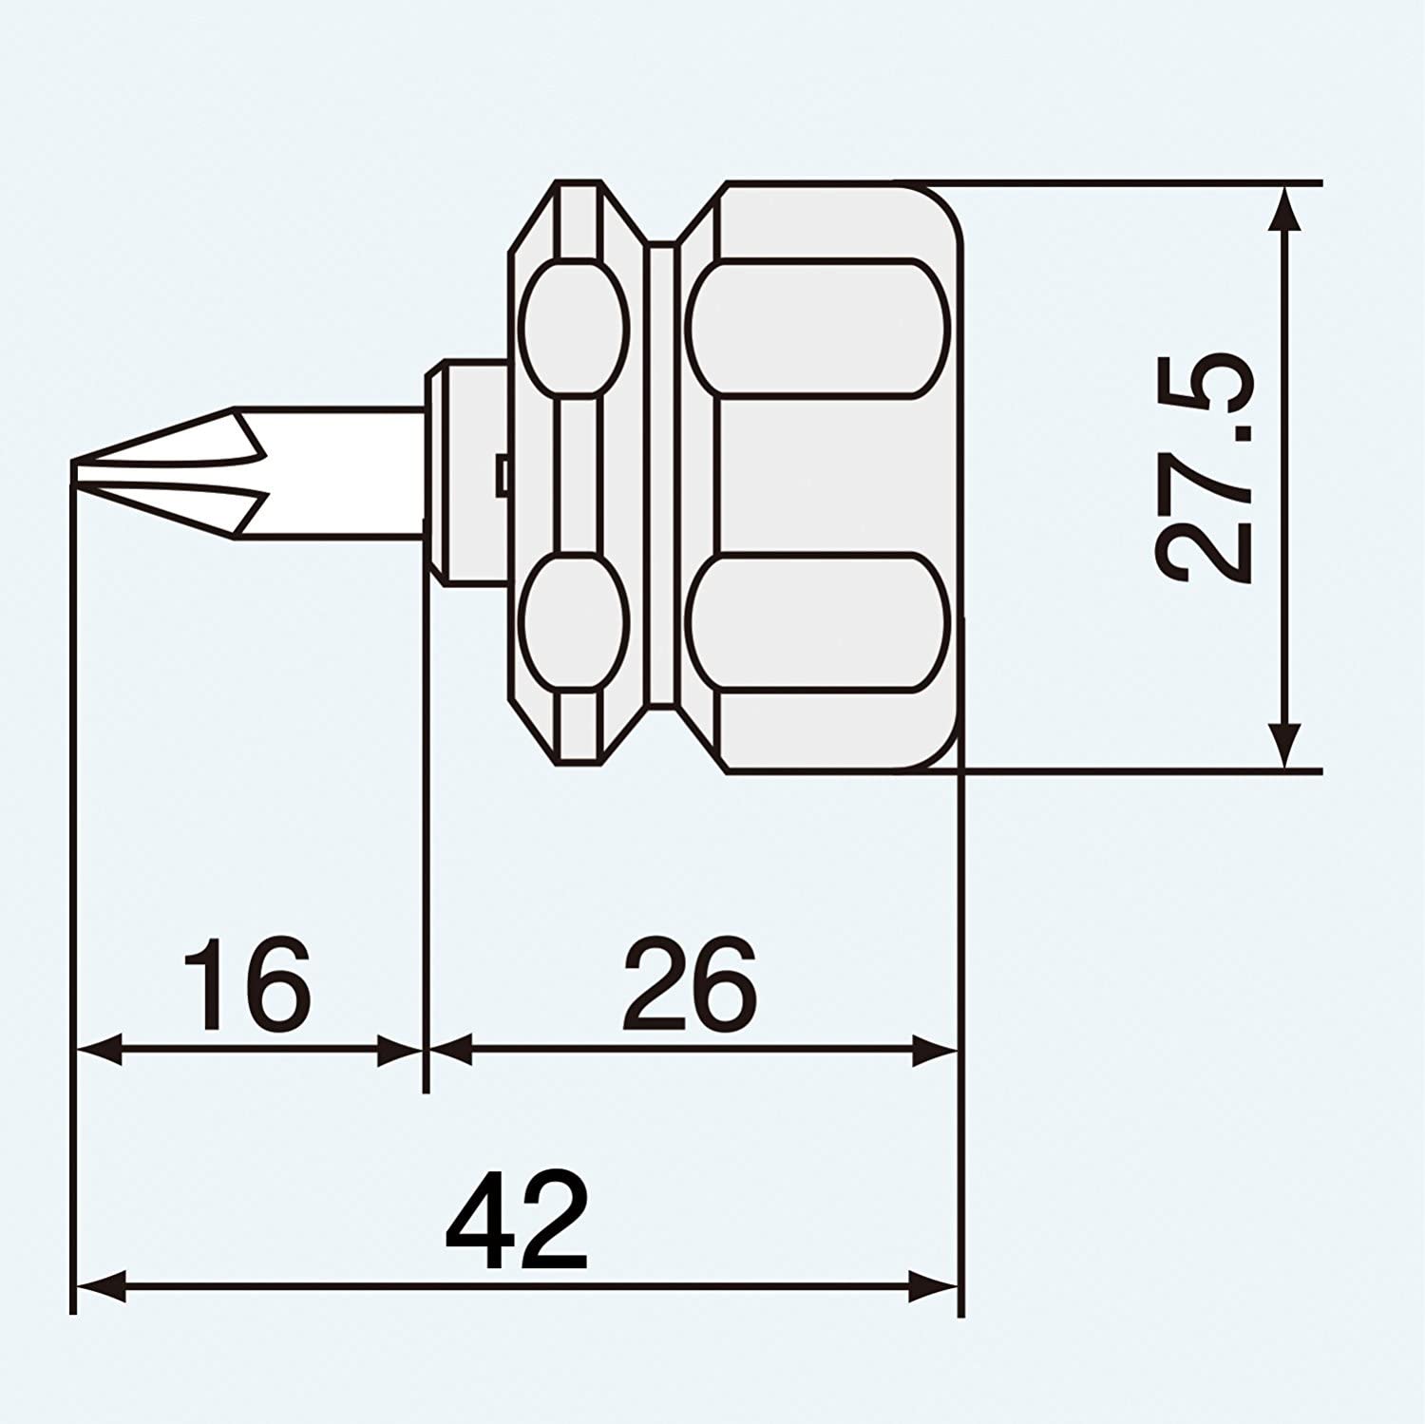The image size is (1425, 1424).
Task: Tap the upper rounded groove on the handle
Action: point(818,327)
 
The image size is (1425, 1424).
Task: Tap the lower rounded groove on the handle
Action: point(818,622)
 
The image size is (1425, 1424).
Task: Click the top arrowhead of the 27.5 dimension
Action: point(1284,206)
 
